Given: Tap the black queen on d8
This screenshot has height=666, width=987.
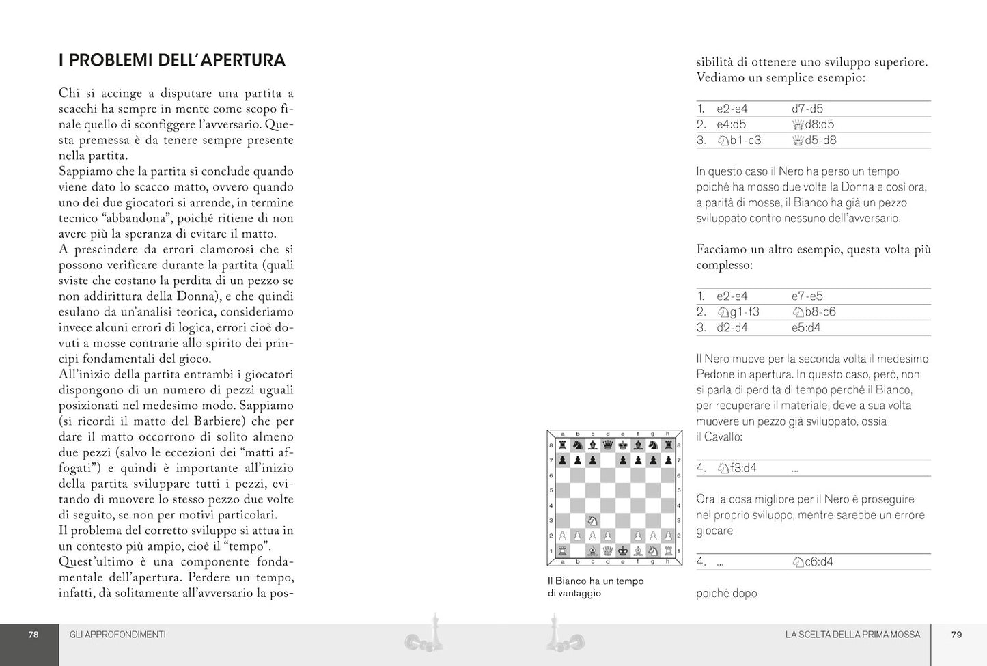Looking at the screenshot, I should [x=607, y=445].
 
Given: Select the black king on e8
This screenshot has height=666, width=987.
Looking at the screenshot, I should [x=622, y=445].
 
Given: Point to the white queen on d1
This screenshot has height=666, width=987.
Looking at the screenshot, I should [x=607, y=551].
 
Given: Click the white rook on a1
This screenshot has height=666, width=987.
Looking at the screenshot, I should [x=562, y=551].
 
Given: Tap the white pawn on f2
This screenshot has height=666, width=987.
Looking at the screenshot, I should [x=637, y=536].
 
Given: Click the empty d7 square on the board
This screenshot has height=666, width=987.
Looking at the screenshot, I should [x=607, y=460].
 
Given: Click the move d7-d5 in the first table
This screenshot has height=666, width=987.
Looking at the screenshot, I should [x=807, y=109].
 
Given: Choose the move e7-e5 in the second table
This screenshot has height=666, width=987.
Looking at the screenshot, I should [x=807, y=296].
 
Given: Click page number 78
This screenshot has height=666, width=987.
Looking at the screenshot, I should [x=33, y=635].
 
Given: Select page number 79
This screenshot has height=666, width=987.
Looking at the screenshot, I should [x=956, y=635].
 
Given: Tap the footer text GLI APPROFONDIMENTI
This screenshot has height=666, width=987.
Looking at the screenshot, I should [x=117, y=635].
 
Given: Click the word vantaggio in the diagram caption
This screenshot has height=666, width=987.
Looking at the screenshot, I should [x=580, y=593].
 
